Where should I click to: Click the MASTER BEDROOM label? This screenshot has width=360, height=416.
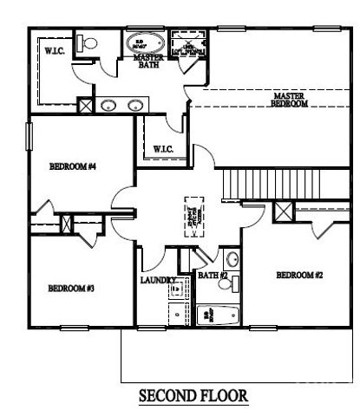291,100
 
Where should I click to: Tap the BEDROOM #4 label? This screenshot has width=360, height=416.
71,166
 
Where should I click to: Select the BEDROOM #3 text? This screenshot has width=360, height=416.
70,288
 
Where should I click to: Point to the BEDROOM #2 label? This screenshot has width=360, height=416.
299,275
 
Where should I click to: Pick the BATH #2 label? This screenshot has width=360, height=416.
213,276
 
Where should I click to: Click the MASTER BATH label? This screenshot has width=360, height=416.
147,62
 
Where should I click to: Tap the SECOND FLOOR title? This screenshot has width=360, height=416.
193,396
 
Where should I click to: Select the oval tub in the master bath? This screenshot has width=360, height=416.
138,43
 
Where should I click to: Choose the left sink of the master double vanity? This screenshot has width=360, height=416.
109,106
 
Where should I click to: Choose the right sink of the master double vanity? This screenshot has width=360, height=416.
134,106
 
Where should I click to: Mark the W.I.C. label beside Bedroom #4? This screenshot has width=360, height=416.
164,149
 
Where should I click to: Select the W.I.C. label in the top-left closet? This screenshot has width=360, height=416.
56,50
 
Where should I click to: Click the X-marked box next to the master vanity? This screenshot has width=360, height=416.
86,107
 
